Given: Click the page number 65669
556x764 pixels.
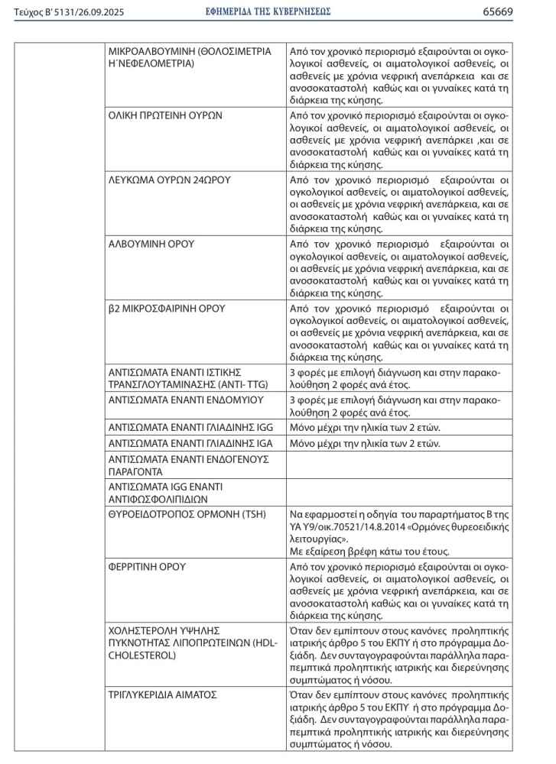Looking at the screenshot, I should click(519, 11).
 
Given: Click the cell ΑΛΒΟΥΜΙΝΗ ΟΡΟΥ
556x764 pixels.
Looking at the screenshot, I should click(151, 244).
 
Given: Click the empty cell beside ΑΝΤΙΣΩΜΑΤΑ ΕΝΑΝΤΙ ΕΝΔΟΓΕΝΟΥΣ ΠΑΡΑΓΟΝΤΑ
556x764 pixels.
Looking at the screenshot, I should click(398, 465).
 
